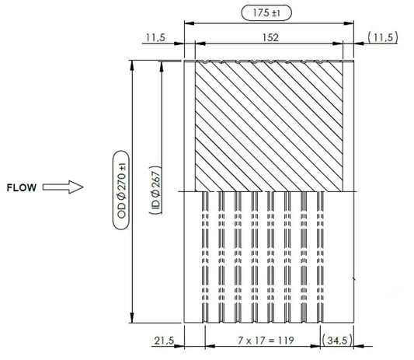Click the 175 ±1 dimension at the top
pos(266,12)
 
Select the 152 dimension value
pos(270,37)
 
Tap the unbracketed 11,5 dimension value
pos(155,37)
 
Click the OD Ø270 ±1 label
pos(121,190)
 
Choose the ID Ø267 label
pos(156,190)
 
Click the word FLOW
pos(22,187)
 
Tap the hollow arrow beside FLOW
pos(63,187)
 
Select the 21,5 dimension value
pos(164,341)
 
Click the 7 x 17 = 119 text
pos(266,341)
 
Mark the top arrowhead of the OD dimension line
pos(132,65)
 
